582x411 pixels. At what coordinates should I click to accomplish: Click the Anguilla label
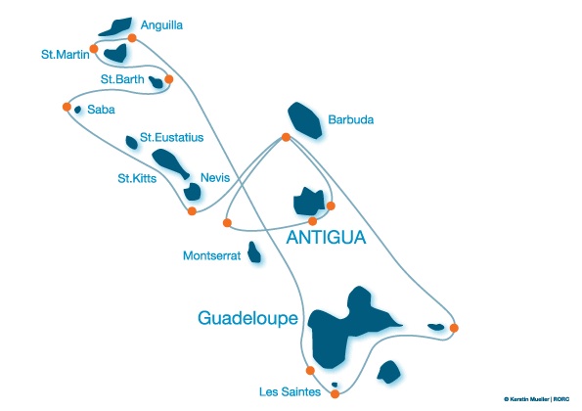(x=161, y=25)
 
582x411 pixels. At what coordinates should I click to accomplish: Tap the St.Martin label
(x=66, y=55)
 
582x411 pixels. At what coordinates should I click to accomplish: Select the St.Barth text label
(x=122, y=79)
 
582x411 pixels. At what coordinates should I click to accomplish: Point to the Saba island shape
(x=77, y=110)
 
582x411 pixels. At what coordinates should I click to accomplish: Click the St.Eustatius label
(x=171, y=137)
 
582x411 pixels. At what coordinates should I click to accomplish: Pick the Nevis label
(x=215, y=177)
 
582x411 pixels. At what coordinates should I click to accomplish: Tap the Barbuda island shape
(x=305, y=120)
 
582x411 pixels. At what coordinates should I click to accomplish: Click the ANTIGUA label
(x=326, y=238)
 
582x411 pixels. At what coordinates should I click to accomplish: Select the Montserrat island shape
(x=254, y=252)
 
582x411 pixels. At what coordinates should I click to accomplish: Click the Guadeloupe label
(x=247, y=318)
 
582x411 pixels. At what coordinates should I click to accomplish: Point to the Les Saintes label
(x=290, y=391)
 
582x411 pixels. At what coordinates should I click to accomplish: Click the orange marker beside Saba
(x=67, y=107)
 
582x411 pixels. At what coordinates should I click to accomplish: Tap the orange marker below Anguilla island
(x=132, y=38)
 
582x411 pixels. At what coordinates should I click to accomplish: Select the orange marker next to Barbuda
(x=286, y=137)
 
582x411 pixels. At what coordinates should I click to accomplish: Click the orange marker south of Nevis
(x=192, y=211)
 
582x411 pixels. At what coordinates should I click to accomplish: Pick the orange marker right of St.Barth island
(x=169, y=79)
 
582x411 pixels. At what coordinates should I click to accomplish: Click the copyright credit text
(x=536, y=399)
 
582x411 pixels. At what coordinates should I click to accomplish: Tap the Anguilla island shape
(x=116, y=26)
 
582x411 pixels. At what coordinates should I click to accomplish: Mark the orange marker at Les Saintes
(x=335, y=394)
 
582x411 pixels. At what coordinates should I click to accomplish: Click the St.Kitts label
(x=137, y=178)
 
